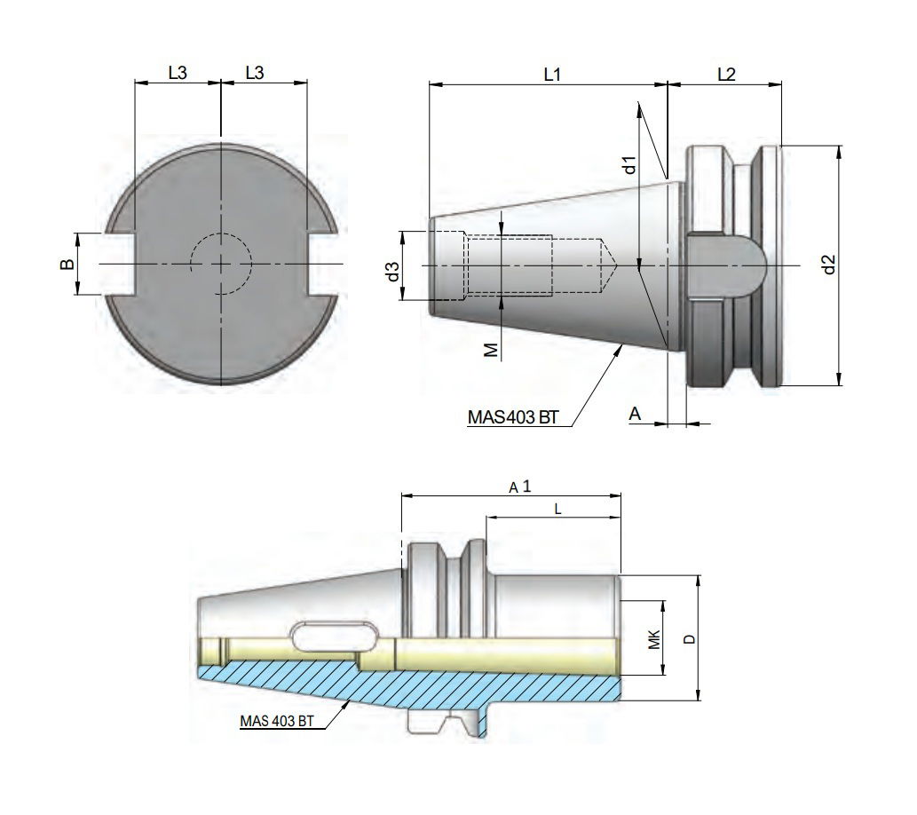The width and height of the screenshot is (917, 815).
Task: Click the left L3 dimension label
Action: tap(177, 74)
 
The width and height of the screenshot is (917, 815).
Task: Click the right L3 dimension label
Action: tap(254, 74)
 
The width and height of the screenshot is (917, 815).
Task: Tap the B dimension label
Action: tap(66, 264)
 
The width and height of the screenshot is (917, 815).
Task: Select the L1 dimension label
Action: tap(552, 75)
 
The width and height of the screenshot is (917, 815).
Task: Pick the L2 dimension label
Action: tap(725, 75)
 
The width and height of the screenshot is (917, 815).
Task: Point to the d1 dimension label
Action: tap(628, 164)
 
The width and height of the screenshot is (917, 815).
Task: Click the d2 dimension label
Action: tap(827, 265)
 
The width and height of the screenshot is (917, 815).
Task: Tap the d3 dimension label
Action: tap(391, 273)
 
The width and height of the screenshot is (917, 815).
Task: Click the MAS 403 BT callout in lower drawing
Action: tap(276, 722)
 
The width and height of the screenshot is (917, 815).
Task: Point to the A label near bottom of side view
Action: tap(634, 413)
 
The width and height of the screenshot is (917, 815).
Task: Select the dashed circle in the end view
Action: tap(221, 264)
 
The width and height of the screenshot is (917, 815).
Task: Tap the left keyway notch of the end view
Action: tap(124, 264)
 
